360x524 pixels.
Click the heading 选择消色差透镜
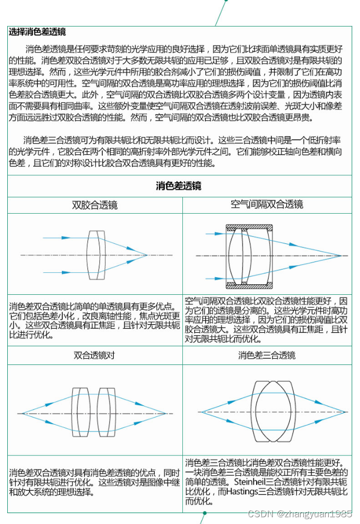(37, 32)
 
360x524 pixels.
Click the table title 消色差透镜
(179, 186)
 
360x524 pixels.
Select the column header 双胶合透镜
(95, 205)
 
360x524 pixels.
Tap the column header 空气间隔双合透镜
(266, 205)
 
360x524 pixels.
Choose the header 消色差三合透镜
(266, 356)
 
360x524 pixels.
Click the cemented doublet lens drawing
(94, 255)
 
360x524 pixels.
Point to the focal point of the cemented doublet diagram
(148, 255)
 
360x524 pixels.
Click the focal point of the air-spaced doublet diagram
(341, 255)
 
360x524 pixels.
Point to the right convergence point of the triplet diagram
(344, 412)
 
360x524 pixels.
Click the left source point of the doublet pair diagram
(21, 413)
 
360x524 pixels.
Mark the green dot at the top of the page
(226, 1)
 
